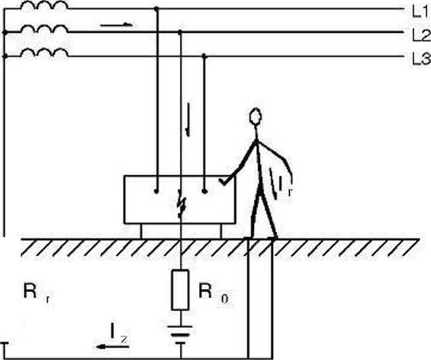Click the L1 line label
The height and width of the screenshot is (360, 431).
pyautogui.click(x=420, y=12)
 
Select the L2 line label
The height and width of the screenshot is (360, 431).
pyautogui.click(x=421, y=36)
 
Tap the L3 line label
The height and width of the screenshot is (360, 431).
pyautogui.click(x=421, y=59)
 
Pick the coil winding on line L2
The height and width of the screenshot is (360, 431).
pyautogui.click(x=44, y=28)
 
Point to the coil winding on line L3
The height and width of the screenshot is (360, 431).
pyautogui.click(x=44, y=53)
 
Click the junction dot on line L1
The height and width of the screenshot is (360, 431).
pyautogui.click(x=156, y=9)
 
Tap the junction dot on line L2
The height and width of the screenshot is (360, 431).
pyautogui.click(x=180, y=32)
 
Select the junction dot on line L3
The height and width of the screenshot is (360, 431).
pyautogui.click(x=204, y=56)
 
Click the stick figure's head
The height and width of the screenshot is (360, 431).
pyautogui.click(x=256, y=116)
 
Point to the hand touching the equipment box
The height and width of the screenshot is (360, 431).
pyautogui.click(x=224, y=182)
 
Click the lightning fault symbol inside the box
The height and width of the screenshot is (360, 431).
pyautogui.click(x=182, y=204)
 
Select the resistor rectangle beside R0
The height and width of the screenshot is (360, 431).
pyautogui.click(x=180, y=290)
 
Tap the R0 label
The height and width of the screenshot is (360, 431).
pyautogui.click(x=213, y=294)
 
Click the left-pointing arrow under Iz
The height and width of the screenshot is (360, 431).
pyautogui.click(x=112, y=346)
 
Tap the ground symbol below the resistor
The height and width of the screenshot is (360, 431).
pyautogui.click(x=181, y=335)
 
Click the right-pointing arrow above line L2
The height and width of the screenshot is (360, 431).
pyautogui.click(x=116, y=25)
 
